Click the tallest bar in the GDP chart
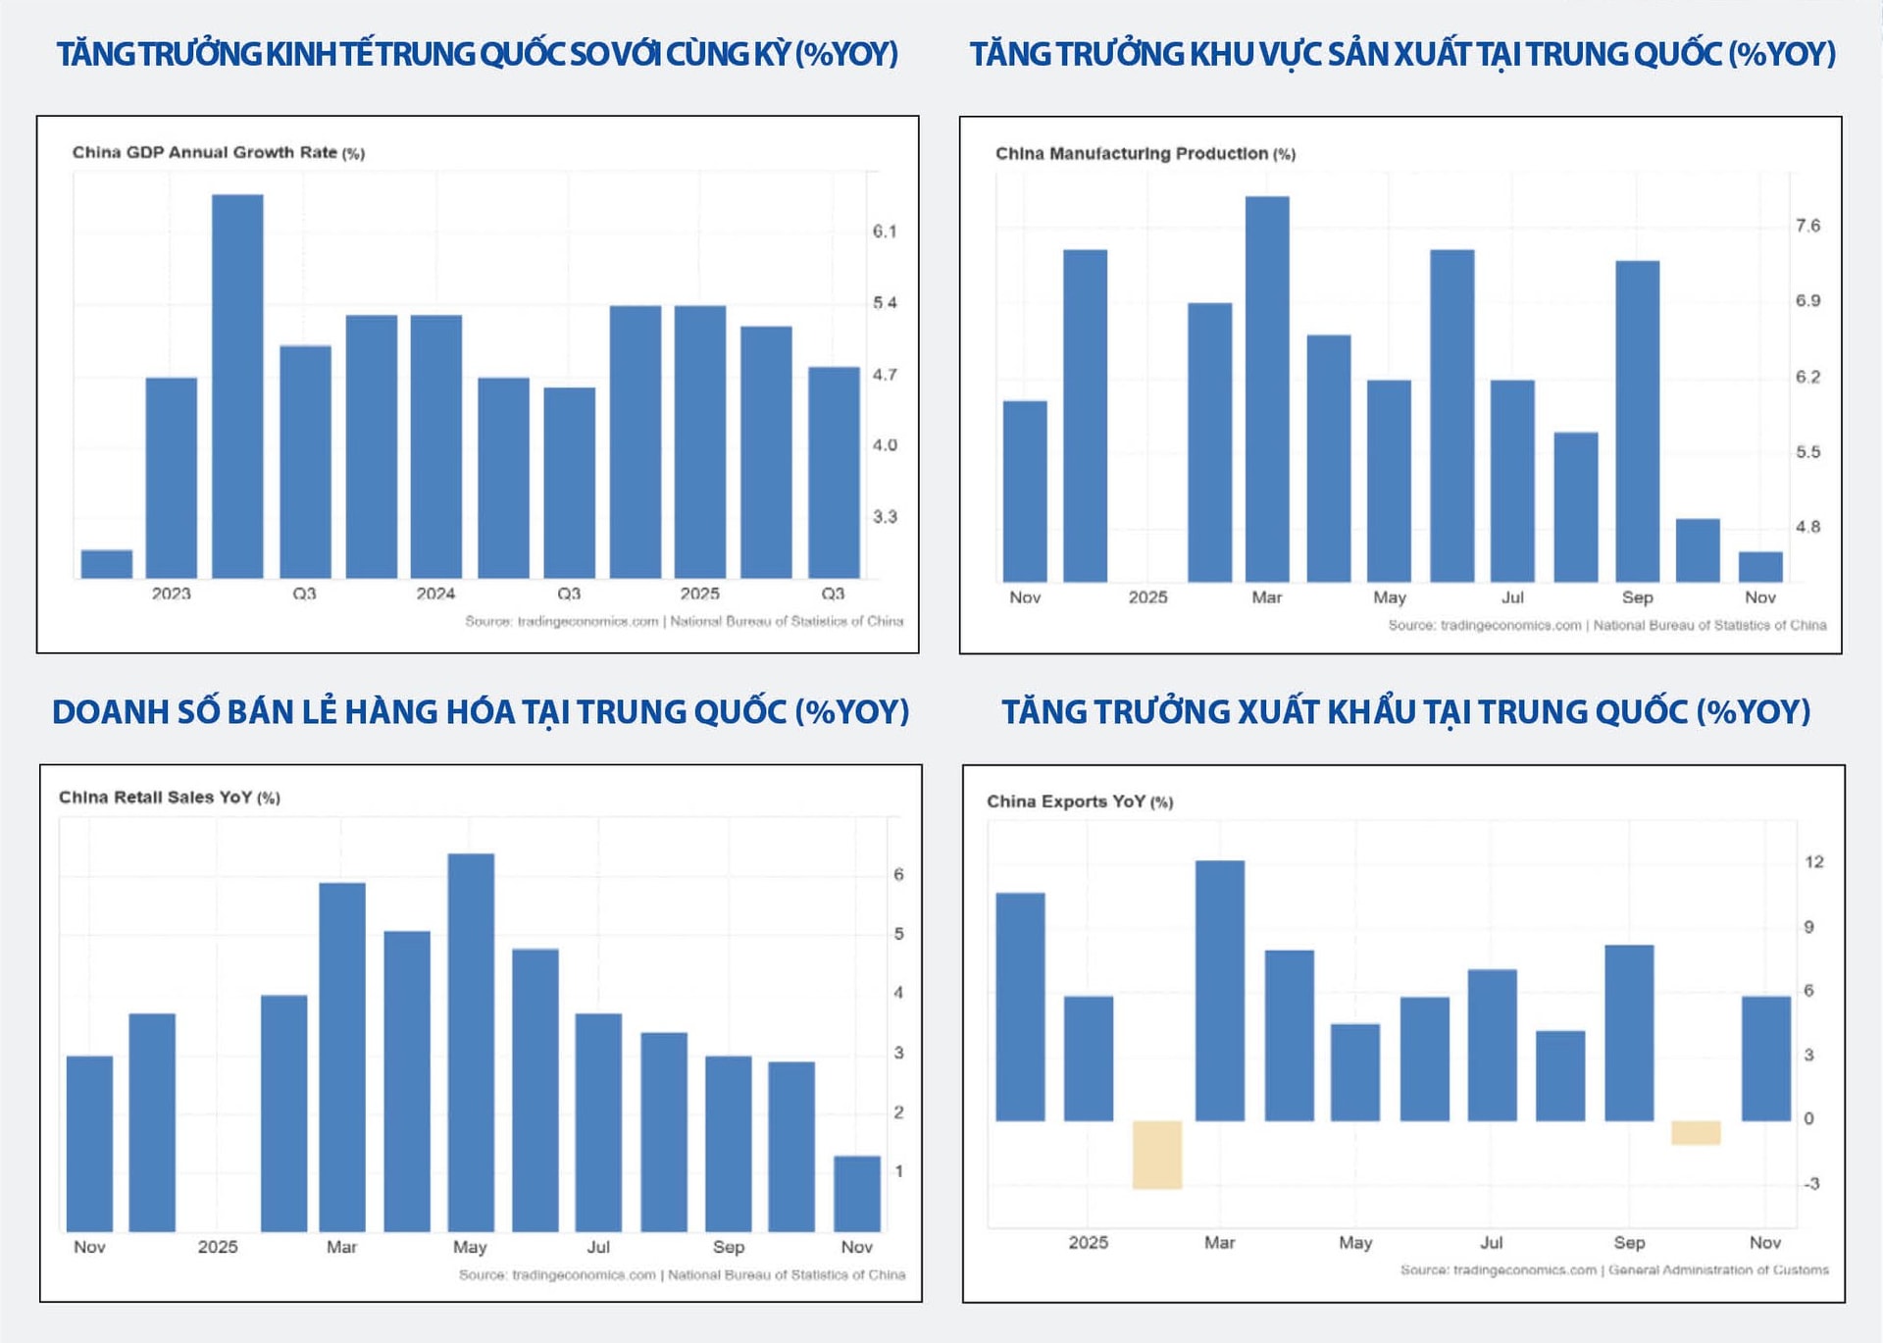237,386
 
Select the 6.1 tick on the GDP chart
885,232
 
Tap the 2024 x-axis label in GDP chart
435,594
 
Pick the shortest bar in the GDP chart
106,564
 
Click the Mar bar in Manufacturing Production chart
1267,389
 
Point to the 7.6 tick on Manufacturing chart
1807,226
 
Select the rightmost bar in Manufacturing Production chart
1760,567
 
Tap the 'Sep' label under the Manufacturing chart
1637,597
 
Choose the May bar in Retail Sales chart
471,1042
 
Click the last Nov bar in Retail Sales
857,1193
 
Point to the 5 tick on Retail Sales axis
898,934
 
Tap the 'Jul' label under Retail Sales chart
598,1247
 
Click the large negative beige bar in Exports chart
1157,1155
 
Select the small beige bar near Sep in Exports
1696,1132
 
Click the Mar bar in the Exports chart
1220,991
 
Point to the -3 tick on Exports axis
1810,1184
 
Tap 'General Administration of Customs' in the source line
1718,1270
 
